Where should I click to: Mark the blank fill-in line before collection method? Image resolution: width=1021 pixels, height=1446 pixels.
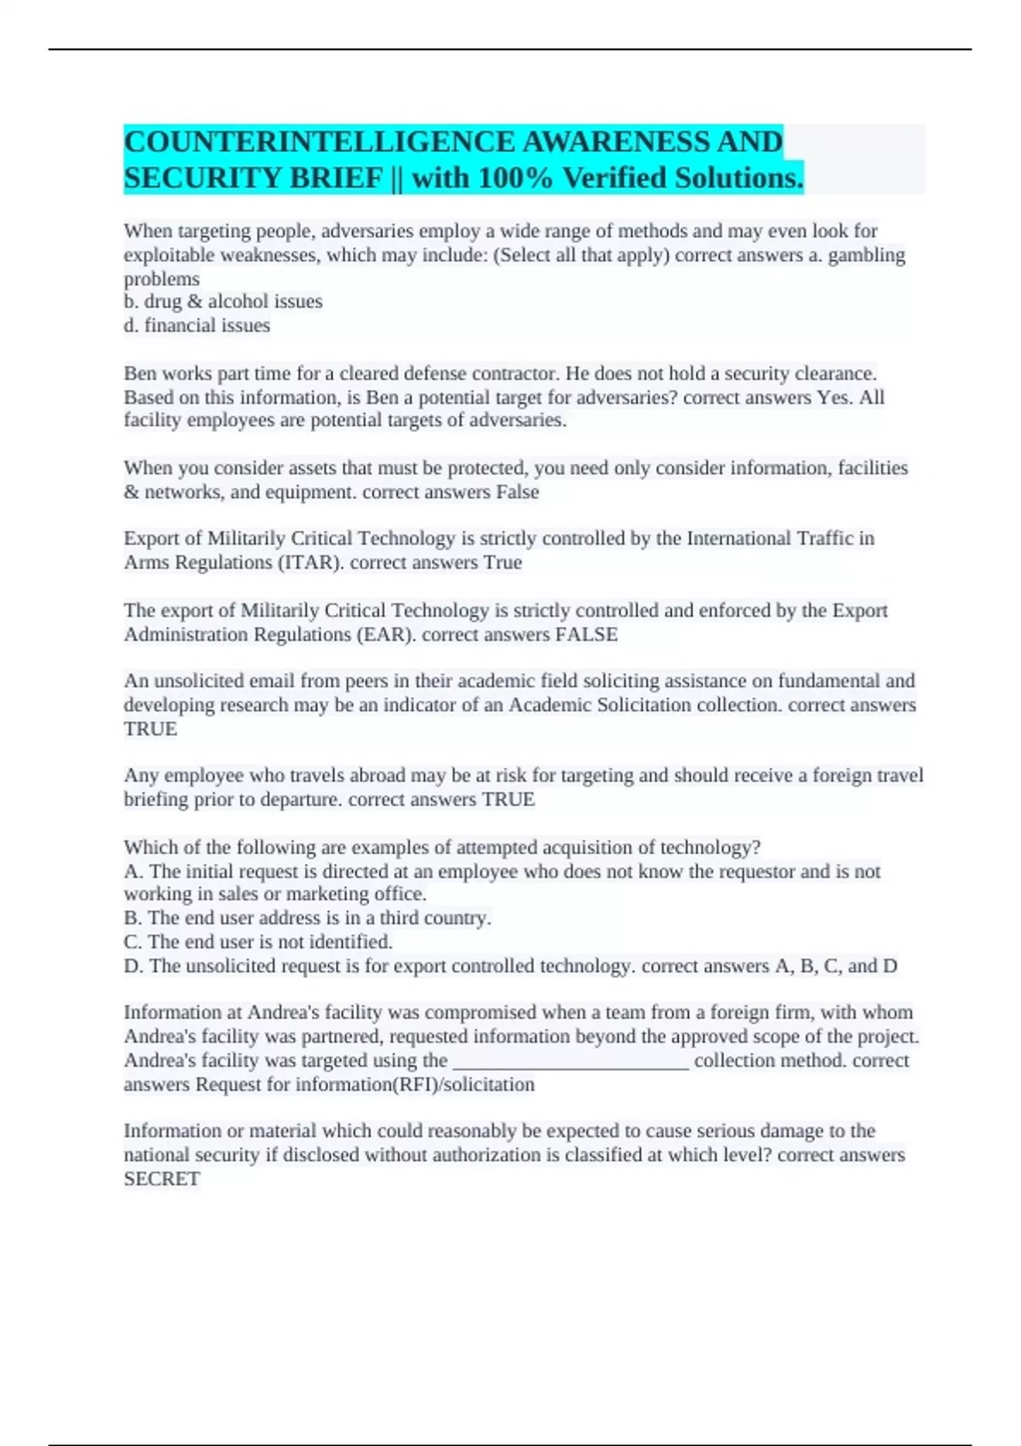[571, 1062]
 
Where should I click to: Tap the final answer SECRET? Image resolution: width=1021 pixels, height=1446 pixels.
[162, 1179]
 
